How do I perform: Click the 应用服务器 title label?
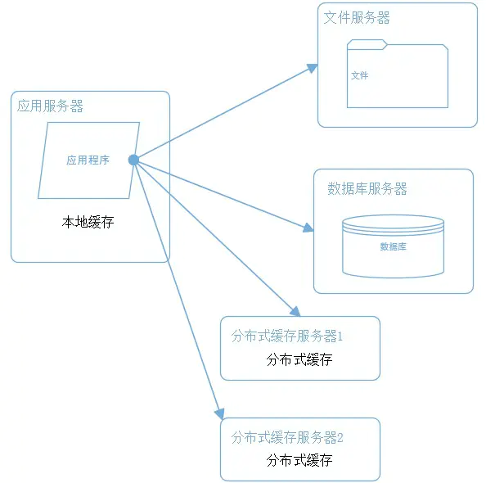50,106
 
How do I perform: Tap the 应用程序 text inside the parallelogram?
88,160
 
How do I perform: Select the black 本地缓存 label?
88,222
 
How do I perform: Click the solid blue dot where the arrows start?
133,160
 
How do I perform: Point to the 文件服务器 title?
357,17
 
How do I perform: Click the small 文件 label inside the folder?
359,75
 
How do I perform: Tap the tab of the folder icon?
367,44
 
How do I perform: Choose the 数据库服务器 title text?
367,188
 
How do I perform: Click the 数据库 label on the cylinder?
393,246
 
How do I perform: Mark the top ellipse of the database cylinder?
393,223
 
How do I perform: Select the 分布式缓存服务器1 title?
287,336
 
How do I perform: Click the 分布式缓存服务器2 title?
287,437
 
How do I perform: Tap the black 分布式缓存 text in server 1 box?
299,360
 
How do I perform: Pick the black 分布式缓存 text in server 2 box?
299,460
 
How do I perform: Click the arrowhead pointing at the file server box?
313,68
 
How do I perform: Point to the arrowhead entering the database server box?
308,228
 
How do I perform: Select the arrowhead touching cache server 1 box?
295,311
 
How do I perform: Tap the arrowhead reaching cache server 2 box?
220,413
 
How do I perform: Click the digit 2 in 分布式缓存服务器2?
340,438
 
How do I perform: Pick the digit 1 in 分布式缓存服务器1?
340,336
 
